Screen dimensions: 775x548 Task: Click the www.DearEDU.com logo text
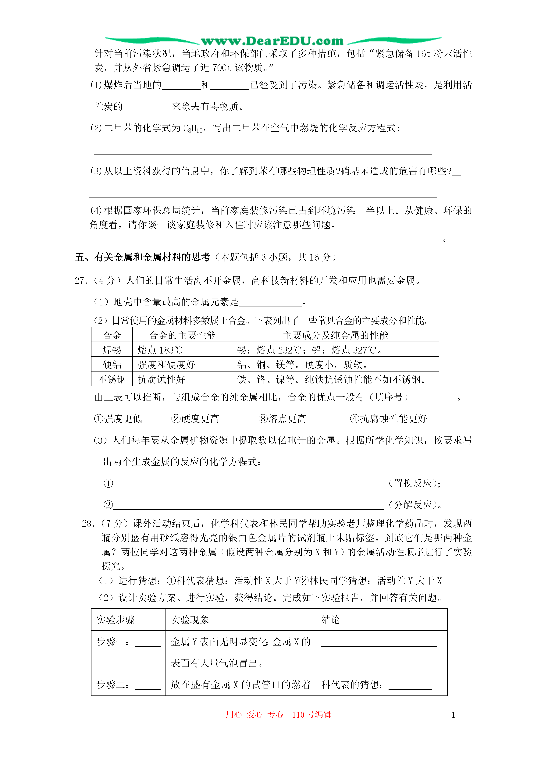click(272, 41)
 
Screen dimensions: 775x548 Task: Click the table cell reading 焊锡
click(112, 350)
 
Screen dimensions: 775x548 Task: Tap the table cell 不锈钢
click(112, 379)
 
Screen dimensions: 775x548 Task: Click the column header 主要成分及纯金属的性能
click(335, 335)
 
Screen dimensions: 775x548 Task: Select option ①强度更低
click(118, 419)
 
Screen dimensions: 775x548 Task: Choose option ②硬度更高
click(195, 419)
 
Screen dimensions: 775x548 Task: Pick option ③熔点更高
click(282, 419)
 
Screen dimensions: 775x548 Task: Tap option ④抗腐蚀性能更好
click(388, 419)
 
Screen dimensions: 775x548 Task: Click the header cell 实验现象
click(190, 620)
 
